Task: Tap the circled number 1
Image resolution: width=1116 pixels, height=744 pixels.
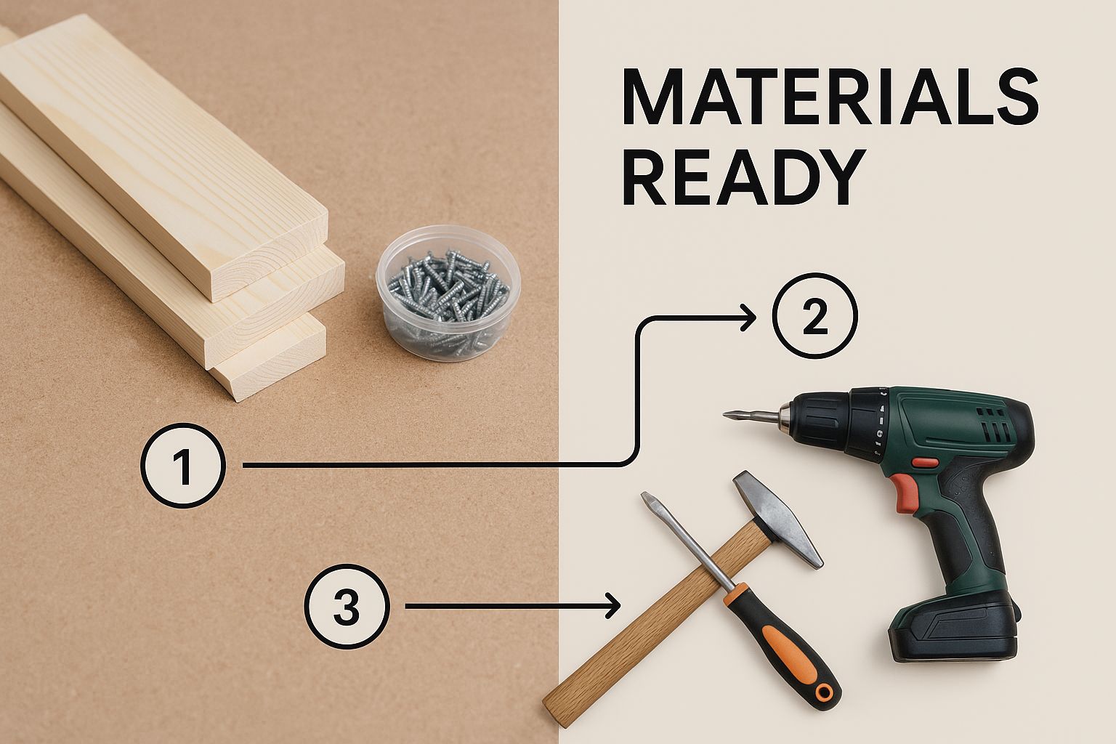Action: [x=183, y=466]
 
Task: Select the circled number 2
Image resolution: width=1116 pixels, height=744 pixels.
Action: [x=815, y=316]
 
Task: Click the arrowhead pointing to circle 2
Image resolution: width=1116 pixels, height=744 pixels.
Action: [x=748, y=318]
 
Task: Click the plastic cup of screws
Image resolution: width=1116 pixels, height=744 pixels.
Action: [x=448, y=293]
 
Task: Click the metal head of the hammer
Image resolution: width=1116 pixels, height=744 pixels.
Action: [x=778, y=518]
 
